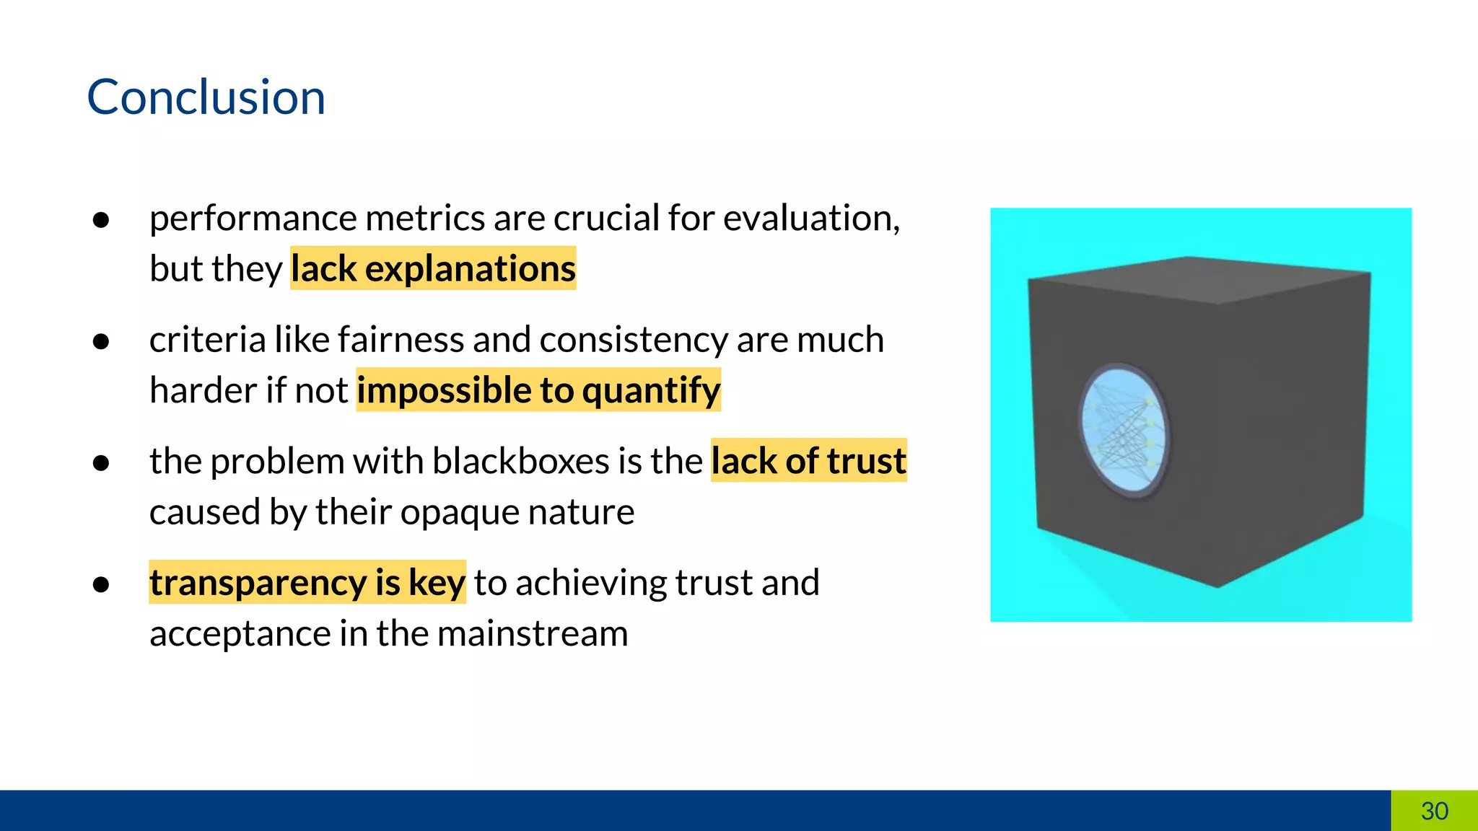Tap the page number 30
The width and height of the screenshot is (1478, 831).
click(x=1434, y=811)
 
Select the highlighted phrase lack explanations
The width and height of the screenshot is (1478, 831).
click(x=433, y=268)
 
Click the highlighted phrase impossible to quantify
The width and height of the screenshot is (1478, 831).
click(x=538, y=390)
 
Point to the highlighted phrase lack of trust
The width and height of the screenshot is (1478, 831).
click(x=808, y=461)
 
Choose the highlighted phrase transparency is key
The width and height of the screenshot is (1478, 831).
click(x=307, y=583)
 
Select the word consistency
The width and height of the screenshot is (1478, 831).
click(x=634, y=340)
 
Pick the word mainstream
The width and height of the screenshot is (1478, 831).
click(x=532, y=634)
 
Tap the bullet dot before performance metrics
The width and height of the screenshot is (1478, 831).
click(x=101, y=219)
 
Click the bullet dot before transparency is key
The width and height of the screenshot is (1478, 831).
click(x=101, y=584)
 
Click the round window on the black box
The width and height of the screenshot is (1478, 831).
click(x=1124, y=431)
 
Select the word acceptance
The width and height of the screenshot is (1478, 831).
click(x=240, y=634)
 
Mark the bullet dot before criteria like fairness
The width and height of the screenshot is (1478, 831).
click(x=101, y=341)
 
